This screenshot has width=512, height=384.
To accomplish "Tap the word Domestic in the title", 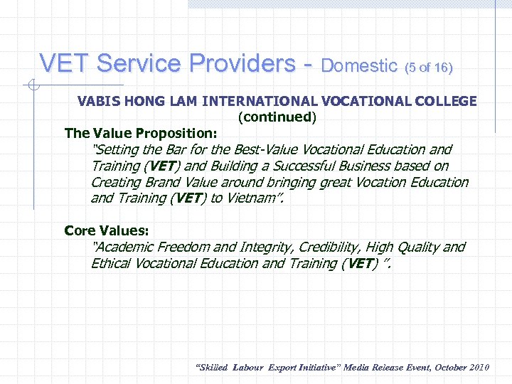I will [x=358, y=66].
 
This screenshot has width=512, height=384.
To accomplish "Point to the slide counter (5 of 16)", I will [x=428, y=68].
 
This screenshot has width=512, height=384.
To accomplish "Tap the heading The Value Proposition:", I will [x=141, y=133].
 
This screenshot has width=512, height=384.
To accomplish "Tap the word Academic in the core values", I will [x=124, y=247].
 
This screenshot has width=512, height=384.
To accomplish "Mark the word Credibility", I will [x=326, y=247].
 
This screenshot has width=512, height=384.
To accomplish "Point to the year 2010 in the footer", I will [x=477, y=368].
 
